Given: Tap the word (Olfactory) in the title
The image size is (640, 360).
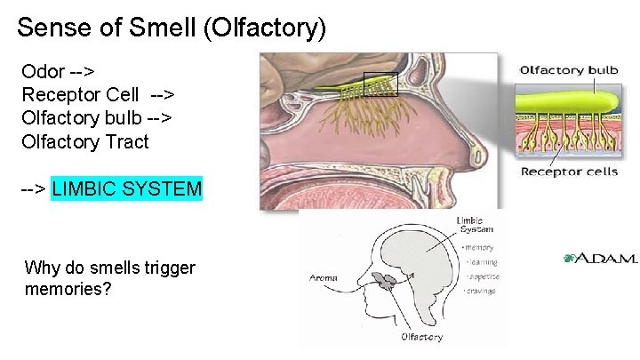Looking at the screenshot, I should (265, 28).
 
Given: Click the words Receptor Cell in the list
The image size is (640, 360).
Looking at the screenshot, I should (80, 94).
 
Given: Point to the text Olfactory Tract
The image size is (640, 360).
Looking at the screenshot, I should (85, 140).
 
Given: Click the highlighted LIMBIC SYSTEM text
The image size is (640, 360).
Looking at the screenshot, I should (127, 188).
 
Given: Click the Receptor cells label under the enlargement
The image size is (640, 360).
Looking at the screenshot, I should (569, 172).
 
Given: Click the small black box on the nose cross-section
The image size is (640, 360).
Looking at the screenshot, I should (380, 83).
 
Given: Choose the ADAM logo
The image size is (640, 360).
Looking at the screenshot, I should (600, 259).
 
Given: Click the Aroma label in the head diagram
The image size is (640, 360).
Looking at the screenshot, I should (324, 278).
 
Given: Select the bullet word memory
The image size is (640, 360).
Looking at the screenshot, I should (481, 248).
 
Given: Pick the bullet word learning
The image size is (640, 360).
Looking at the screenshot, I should (483, 262).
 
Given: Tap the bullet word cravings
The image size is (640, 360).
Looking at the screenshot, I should (483, 291).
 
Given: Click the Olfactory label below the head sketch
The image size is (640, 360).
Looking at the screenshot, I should (422, 338).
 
